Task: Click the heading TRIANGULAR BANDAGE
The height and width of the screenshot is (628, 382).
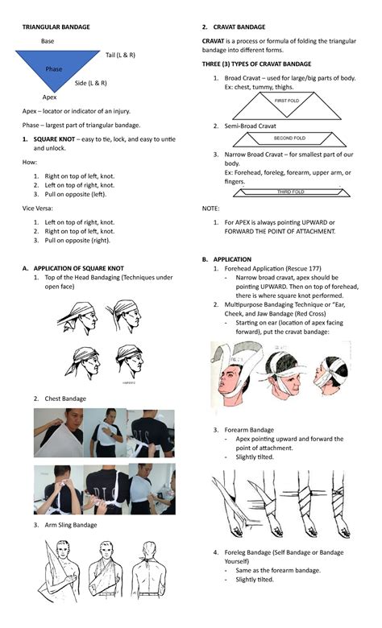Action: point(56,27)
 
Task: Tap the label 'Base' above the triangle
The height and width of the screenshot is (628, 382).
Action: point(48,41)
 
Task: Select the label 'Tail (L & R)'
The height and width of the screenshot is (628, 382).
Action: point(120,55)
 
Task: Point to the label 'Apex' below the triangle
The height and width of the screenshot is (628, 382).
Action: point(49,97)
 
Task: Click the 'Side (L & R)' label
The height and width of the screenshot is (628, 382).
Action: point(91,83)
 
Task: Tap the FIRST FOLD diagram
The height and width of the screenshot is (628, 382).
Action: point(287,101)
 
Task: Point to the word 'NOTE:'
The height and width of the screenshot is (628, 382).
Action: point(210,208)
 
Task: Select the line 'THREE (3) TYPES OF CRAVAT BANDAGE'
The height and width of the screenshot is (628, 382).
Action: point(256,64)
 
